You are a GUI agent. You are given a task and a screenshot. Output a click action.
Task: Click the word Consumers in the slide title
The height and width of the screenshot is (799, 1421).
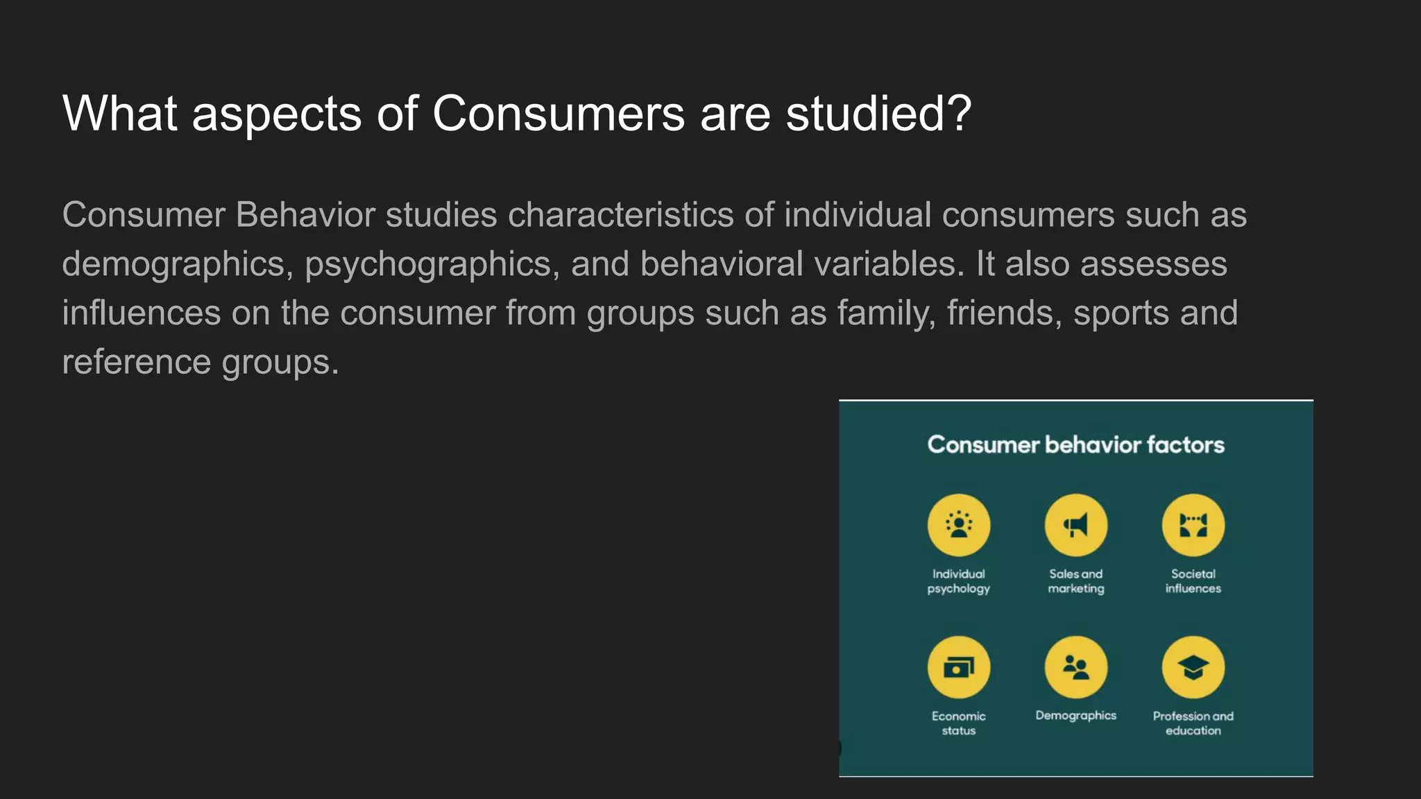point(558,113)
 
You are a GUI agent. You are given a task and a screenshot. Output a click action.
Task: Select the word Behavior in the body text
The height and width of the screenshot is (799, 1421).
point(305,215)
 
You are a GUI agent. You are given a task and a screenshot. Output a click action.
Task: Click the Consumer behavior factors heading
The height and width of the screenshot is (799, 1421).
point(1075,445)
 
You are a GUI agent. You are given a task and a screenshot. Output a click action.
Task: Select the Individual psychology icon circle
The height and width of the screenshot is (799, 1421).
point(959,525)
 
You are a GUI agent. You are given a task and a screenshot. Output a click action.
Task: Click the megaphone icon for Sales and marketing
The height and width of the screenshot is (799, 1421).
point(1075,525)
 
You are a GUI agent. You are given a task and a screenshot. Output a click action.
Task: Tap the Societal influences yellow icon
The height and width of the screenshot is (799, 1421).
point(1193,525)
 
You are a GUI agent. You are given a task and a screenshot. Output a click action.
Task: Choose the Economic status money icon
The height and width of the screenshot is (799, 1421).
point(959,667)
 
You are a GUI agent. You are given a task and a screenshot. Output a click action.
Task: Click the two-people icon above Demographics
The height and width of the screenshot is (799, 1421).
point(1075,667)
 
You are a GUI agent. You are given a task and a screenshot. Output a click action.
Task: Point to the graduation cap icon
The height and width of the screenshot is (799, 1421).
point(1193,667)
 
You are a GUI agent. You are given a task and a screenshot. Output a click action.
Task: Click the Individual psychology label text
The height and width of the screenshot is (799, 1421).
point(959,581)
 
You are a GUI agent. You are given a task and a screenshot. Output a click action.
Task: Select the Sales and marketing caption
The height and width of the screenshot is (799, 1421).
point(1075,581)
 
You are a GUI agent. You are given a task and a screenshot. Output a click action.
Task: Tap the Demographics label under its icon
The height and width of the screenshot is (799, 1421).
point(1075,716)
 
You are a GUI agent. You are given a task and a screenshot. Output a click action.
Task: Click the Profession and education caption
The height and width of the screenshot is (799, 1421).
point(1193,723)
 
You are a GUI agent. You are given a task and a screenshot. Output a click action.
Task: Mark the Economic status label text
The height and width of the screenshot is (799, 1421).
point(959,723)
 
